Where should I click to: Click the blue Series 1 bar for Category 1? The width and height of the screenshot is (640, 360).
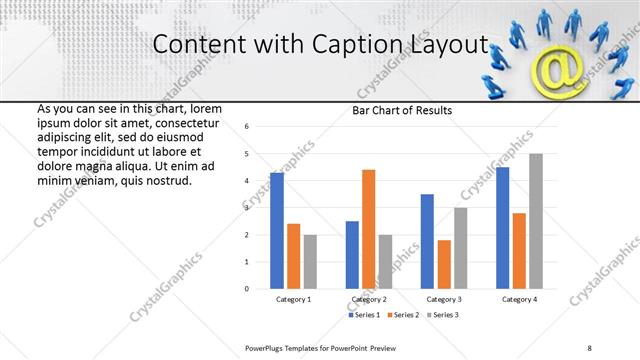[x=277, y=230]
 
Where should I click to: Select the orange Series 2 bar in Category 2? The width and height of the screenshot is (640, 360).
[x=368, y=229]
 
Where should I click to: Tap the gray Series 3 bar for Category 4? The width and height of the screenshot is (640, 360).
[x=536, y=221]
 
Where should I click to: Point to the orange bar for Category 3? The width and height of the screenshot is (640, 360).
[x=444, y=264]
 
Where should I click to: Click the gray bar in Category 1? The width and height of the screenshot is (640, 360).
[x=310, y=261]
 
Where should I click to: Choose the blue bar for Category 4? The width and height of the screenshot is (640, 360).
[x=503, y=227]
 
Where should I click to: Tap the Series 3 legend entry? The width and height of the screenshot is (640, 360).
[x=444, y=315]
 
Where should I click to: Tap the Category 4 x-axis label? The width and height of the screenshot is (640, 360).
[x=519, y=299]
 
